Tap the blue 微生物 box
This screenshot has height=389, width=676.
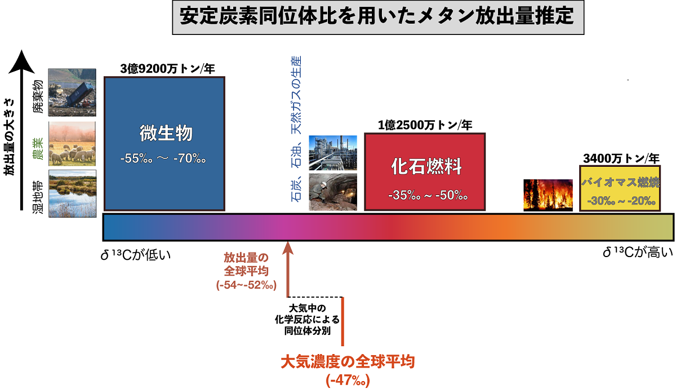(x=164, y=144)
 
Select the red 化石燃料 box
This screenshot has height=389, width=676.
(x=425, y=171)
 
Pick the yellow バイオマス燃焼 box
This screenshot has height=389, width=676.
(x=619, y=188)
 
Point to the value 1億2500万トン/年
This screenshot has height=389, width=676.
(x=425, y=125)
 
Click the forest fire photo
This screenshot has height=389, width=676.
(x=548, y=195)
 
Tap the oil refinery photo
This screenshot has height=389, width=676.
(x=333, y=152)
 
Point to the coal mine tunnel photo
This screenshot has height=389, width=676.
(x=333, y=192)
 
